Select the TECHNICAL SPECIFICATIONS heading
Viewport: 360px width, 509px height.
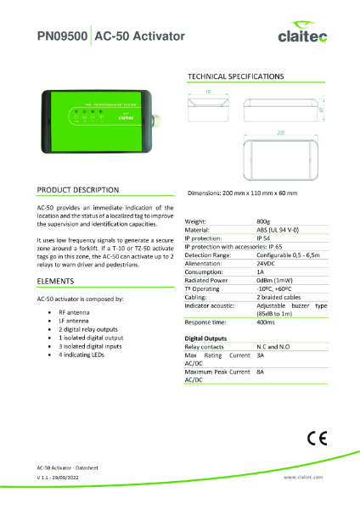pyautogui.click(x=235, y=76)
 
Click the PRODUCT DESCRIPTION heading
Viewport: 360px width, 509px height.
pyautogui.click(x=78, y=189)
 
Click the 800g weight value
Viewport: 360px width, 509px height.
pyautogui.click(x=262, y=221)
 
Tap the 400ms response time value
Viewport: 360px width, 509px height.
pyautogui.click(x=265, y=322)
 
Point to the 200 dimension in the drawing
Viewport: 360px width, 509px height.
pyautogui.click(x=279, y=132)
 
